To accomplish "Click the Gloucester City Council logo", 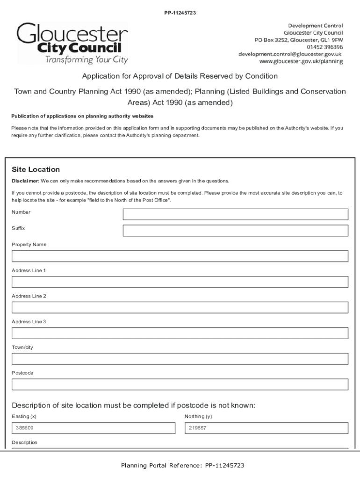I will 72,43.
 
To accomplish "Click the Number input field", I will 235,214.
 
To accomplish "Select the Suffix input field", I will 235,231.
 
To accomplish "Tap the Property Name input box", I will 180,256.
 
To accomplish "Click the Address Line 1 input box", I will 180,282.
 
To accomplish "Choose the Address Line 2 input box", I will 180,307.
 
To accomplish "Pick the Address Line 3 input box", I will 180,333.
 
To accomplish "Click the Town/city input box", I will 180,359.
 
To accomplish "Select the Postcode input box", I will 180,385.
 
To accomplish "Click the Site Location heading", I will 36,169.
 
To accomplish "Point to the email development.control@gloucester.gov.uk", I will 290,54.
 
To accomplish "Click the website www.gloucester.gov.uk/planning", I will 301,61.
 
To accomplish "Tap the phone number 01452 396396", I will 324,47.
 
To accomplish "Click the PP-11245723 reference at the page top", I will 180,13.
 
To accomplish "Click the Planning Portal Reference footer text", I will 182,465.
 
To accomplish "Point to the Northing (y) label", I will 198,416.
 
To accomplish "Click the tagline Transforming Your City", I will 86,60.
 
